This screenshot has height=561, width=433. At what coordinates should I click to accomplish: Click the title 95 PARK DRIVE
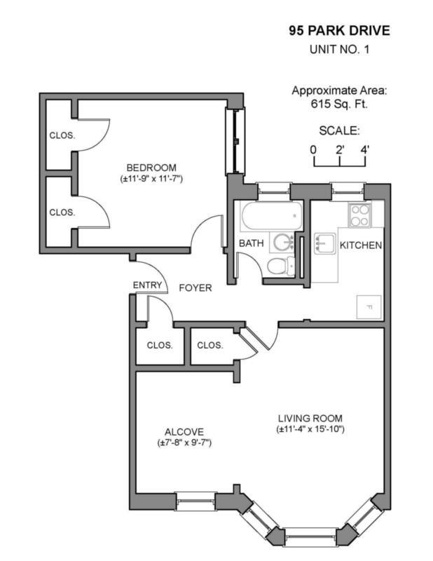point(339,31)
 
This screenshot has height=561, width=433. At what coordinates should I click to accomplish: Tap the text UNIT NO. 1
point(339,50)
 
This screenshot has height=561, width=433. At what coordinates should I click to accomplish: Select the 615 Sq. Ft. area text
point(339,104)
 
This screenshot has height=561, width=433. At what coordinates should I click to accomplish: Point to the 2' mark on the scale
point(340,149)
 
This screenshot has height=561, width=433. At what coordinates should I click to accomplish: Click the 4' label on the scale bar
point(364,149)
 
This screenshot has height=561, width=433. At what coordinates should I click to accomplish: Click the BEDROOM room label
point(151,167)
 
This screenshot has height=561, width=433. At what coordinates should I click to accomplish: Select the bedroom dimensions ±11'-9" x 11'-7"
point(151,179)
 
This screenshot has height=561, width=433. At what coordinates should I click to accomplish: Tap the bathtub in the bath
point(270,217)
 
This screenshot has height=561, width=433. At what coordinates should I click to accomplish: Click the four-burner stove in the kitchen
point(360,214)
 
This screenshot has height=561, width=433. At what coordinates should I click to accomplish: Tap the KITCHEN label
point(360,245)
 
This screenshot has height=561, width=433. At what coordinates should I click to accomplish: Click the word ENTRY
point(147,285)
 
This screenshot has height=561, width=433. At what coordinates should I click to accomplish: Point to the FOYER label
point(195,288)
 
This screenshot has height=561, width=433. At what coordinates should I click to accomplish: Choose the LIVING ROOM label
point(309,418)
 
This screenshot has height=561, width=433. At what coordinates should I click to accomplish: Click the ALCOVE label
point(184,432)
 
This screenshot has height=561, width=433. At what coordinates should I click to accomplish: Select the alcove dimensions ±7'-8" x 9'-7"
point(184,443)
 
